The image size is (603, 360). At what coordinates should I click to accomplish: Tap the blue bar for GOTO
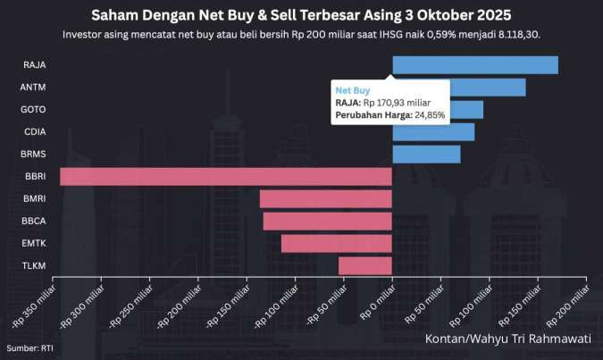click(465, 110)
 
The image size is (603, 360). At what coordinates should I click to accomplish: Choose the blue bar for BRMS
click(426, 155)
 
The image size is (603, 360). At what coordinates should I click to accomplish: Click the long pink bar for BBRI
click(225, 177)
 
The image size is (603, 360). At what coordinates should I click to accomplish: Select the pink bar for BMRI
click(325, 199)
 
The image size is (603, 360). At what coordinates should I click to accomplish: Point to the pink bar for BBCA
click(327, 222)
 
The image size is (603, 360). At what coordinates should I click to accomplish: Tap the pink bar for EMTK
click(336, 243)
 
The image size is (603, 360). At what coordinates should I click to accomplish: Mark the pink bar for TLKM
click(364, 265)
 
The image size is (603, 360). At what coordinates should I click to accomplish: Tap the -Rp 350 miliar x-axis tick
click(36, 304)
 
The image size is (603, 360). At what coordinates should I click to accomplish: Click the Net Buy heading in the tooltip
click(353, 90)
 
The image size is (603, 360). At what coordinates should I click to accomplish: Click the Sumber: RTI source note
click(26, 348)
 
